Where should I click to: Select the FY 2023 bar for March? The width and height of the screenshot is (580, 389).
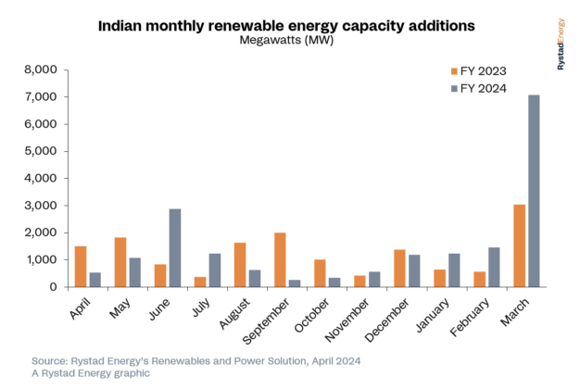(520, 245)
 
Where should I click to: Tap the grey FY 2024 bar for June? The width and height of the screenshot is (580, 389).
(174, 247)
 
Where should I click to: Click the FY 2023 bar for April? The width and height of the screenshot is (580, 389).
(81, 266)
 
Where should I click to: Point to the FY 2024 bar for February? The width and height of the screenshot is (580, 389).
(494, 267)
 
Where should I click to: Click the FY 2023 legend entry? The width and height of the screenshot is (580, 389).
(473, 70)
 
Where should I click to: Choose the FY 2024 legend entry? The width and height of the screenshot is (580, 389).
(473, 88)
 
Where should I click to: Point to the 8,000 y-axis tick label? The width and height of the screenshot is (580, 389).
(41, 69)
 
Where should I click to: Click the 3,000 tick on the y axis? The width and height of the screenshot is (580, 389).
(41, 206)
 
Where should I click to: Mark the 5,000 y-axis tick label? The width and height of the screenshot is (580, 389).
(41, 151)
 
